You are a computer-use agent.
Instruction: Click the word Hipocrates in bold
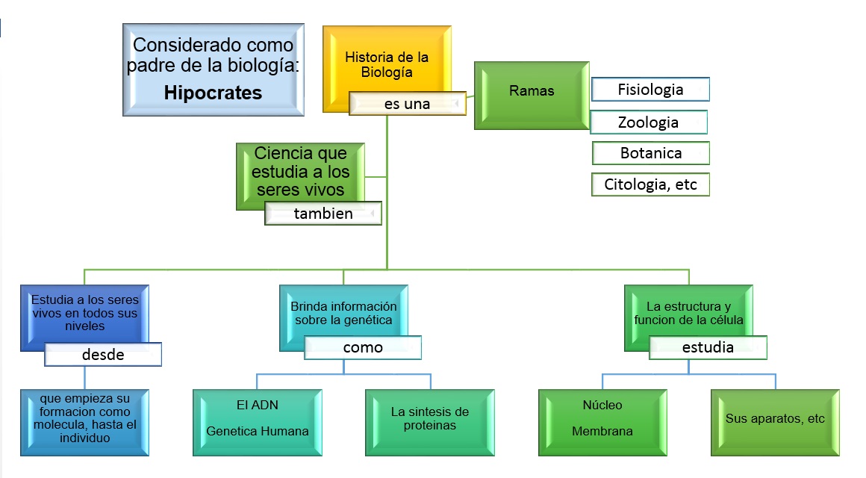pyautogui.click(x=213, y=93)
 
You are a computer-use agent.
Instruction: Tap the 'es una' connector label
pyautogui.click(x=408, y=105)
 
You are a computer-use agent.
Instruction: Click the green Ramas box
pyautogui.click(x=532, y=92)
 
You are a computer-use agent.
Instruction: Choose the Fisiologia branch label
pyautogui.click(x=650, y=90)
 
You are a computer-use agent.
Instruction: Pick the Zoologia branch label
pyautogui.click(x=648, y=122)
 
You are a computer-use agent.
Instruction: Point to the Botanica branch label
pyautogui.click(x=650, y=153)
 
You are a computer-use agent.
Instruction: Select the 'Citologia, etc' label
pyautogui.click(x=650, y=184)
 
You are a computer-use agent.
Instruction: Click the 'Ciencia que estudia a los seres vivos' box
pyautogui.click(x=300, y=171)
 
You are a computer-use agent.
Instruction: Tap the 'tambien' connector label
pyautogui.click(x=323, y=214)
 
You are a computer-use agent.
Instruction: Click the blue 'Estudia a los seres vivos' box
pyautogui.click(x=84, y=314)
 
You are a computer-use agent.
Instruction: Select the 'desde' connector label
pyautogui.click(x=103, y=355)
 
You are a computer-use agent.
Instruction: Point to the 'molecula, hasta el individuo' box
pyautogui.click(x=84, y=423)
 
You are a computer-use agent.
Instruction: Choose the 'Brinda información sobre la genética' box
pyautogui.click(x=343, y=314)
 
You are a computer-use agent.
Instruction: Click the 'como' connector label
pyautogui.click(x=363, y=347)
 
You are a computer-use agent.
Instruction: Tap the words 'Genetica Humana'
pyautogui.click(x=258, y=431)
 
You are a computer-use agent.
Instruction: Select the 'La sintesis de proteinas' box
pyautogui.click(x=430, y=418)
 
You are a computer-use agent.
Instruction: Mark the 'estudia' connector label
pyautogui.click(x=708, y=347)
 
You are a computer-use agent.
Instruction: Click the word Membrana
pyautogui.click(x=602, y=431)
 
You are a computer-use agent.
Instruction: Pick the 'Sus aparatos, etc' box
pyautogui.click(x=775, y=419)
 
